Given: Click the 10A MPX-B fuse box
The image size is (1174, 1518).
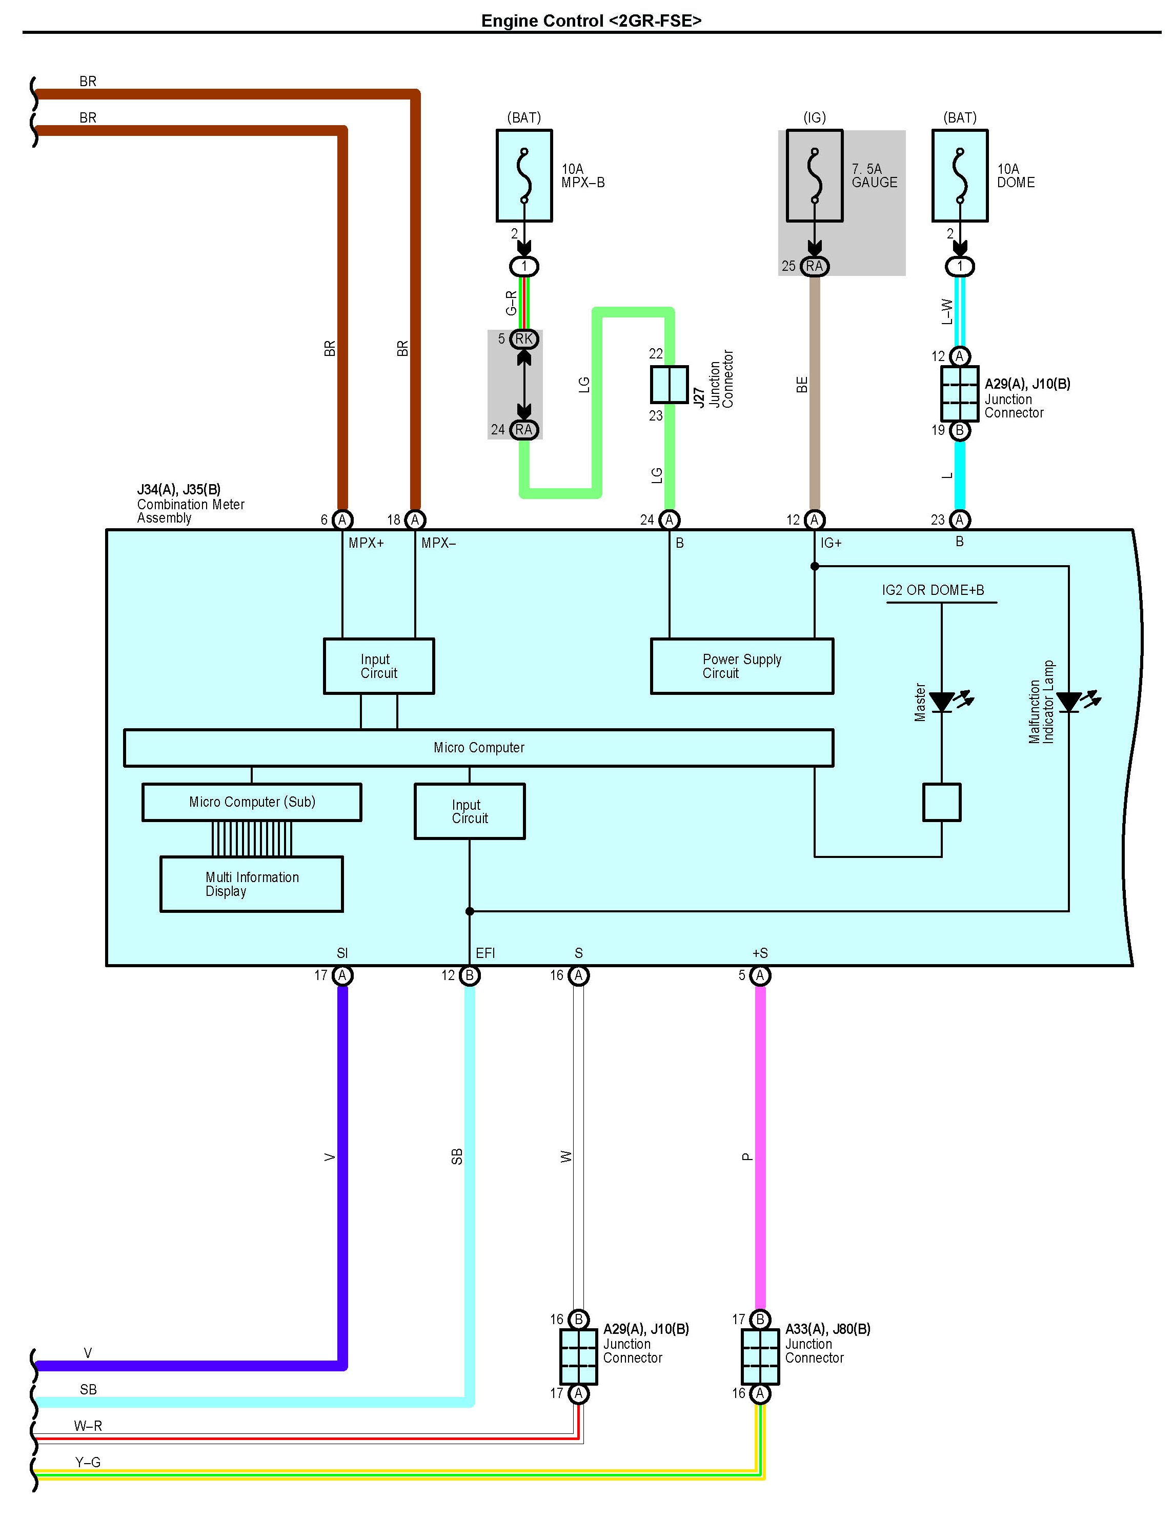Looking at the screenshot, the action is tap(524, 176).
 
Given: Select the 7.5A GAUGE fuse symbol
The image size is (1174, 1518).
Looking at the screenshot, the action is tap(814, 176).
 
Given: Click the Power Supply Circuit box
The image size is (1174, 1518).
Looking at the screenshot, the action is tap(741, 666).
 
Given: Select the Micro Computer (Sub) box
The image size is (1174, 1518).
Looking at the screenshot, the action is tap(252, 802).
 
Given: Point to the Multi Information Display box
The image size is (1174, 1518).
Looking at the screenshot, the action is tap(252, 884).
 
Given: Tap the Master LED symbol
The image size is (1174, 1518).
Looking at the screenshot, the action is tap(948, 701).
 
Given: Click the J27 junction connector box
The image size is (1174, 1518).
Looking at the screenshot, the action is tap(669, 384).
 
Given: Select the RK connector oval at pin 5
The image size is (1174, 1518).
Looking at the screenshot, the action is tap(524, 339).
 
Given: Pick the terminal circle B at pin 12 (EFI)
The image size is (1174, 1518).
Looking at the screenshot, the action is tap(470, 975).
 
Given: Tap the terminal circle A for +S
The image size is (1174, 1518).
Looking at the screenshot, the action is tap(760, 975).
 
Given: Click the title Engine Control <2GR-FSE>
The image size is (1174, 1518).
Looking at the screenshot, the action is tap(591, 21).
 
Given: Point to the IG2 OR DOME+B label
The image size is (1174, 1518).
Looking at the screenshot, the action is tap(933, 590).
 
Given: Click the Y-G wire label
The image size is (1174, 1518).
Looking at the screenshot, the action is tap(88, 1463).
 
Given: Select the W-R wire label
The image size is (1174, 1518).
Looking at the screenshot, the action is tap(88, 1426).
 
